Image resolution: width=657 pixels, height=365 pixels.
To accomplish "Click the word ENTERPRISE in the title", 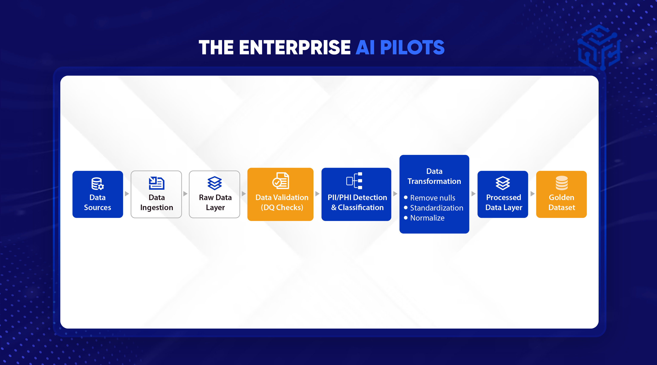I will coord(295,48).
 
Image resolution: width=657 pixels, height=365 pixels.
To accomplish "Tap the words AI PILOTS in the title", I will coord(400,48).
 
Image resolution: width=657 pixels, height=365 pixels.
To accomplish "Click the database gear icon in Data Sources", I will coord(97,184).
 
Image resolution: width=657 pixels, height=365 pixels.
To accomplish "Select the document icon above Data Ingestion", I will coord(157,183).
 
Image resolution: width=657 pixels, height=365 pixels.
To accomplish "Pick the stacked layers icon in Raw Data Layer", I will coord(215,183).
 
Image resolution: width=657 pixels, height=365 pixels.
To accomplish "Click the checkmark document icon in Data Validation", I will coord(280,181).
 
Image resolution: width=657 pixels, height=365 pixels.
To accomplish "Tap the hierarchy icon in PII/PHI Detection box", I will coord(354,181).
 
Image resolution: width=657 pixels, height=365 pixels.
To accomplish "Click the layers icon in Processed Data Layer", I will coord(503,183).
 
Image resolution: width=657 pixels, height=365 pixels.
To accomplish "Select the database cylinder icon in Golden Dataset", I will coord(562,183).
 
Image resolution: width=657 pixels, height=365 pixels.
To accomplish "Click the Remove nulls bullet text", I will coord(433,198).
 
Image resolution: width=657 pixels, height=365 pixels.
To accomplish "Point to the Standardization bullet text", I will coord(436,208).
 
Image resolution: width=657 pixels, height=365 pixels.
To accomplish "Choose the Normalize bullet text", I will coord(427,218).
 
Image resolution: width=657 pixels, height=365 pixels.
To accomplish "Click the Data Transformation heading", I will coord(434,176).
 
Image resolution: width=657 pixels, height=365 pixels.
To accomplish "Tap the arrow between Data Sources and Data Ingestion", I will coord(127,194).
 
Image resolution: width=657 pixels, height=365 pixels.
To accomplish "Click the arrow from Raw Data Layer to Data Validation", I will coord(244,194).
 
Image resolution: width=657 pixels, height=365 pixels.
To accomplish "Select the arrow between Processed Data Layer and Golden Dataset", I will coord(532,194).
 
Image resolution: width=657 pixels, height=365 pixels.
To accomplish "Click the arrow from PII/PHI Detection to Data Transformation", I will coord(395,194).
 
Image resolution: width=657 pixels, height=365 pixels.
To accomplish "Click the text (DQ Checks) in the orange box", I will coord(282,207).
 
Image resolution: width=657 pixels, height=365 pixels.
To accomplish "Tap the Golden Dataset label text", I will coord(562,202).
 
